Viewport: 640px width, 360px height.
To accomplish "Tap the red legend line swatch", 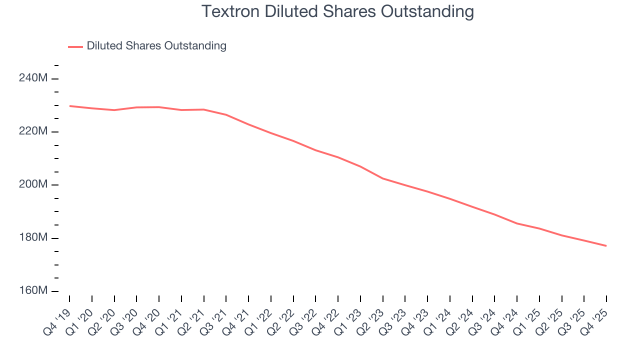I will coord(75,46).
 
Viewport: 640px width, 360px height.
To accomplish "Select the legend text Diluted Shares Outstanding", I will coord(156,46).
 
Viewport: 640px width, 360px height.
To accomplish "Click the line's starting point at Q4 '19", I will coord(69,106).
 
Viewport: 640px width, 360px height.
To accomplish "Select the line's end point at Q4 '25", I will coord(606,245).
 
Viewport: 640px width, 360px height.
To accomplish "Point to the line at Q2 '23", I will coord(383,178).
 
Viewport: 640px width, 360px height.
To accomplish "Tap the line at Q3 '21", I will coord(226,114).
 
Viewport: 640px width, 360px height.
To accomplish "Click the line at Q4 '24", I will coord(517,223).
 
